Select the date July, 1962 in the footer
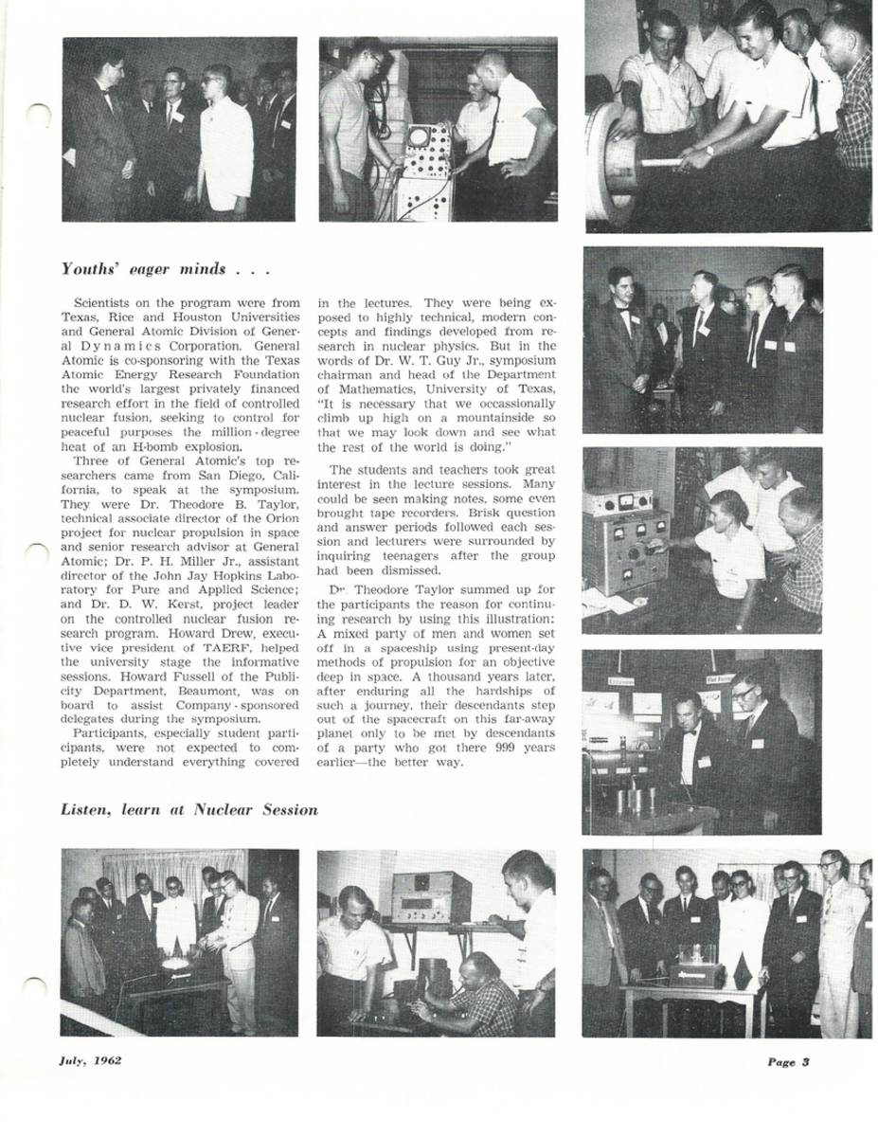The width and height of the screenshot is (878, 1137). tap(90, 1060)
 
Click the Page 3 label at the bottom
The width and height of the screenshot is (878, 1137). tap(788, 1061)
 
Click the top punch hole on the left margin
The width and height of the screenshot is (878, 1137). tap(38, 117)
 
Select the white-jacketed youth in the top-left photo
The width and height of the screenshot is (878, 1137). tap(225, 152)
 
